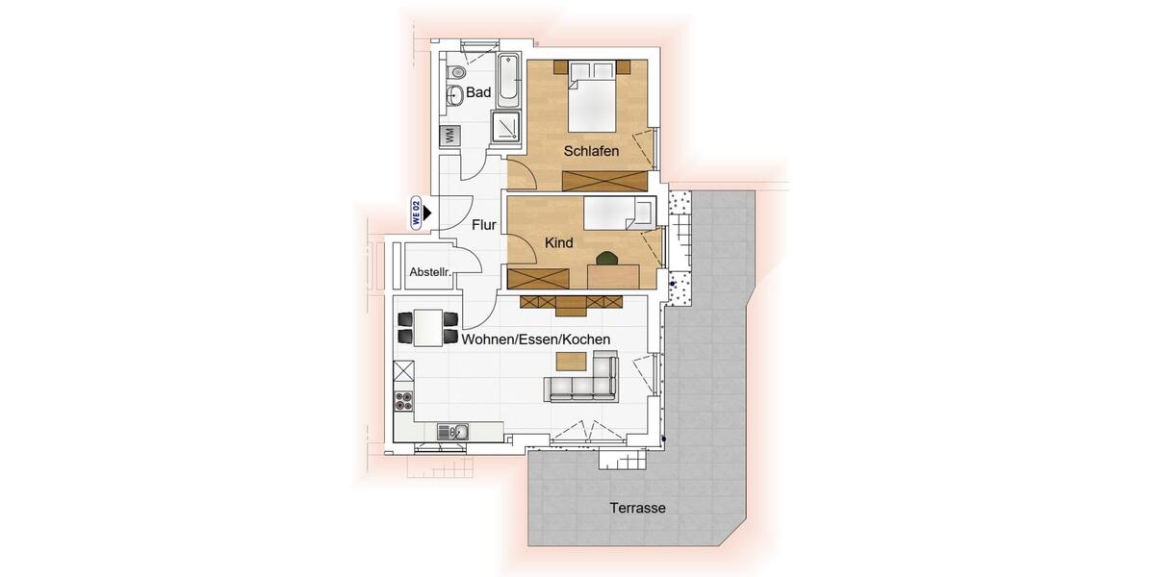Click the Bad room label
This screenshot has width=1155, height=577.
(478, 93)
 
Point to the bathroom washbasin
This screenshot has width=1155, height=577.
(454, 94)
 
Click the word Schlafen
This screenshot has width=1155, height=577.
(591, 152)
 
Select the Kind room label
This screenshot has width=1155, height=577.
(559, 243)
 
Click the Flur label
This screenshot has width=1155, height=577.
(483, 225)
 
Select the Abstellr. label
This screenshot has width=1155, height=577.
(430, 272)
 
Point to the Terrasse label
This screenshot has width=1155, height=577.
(638, 508)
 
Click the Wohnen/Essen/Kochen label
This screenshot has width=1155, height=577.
(535, 339)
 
